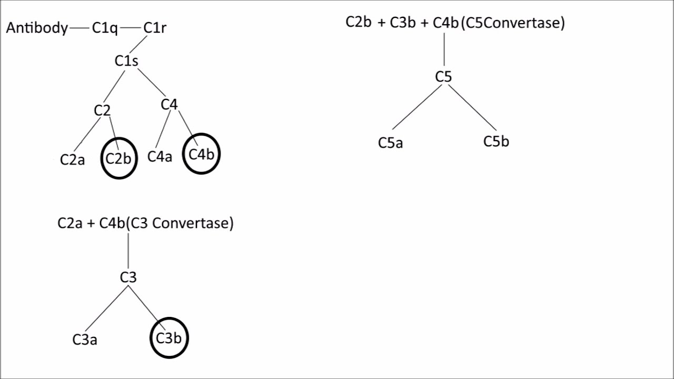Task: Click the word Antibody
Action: click(37, 28)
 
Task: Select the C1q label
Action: click(105, 28)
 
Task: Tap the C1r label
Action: click(155, 28)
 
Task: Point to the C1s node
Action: click(126, 61)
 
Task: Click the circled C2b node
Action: click(118, 158)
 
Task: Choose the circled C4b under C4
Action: click(201, 154)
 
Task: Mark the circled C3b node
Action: click(169, 338)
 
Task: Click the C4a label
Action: click(160, 157)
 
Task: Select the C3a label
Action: click(85, 340)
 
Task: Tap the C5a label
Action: click(390, 143)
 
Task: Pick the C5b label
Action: click(496, 142)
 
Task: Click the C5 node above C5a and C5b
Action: click(443, 77)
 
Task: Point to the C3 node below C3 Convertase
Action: click(128, 277)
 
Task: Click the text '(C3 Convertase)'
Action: click(180, 223)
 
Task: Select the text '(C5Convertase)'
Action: click(512, 23)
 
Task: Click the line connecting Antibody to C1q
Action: click(79, 28)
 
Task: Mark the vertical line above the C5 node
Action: click(444, 50)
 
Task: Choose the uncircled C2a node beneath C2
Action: click(72, 159)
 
